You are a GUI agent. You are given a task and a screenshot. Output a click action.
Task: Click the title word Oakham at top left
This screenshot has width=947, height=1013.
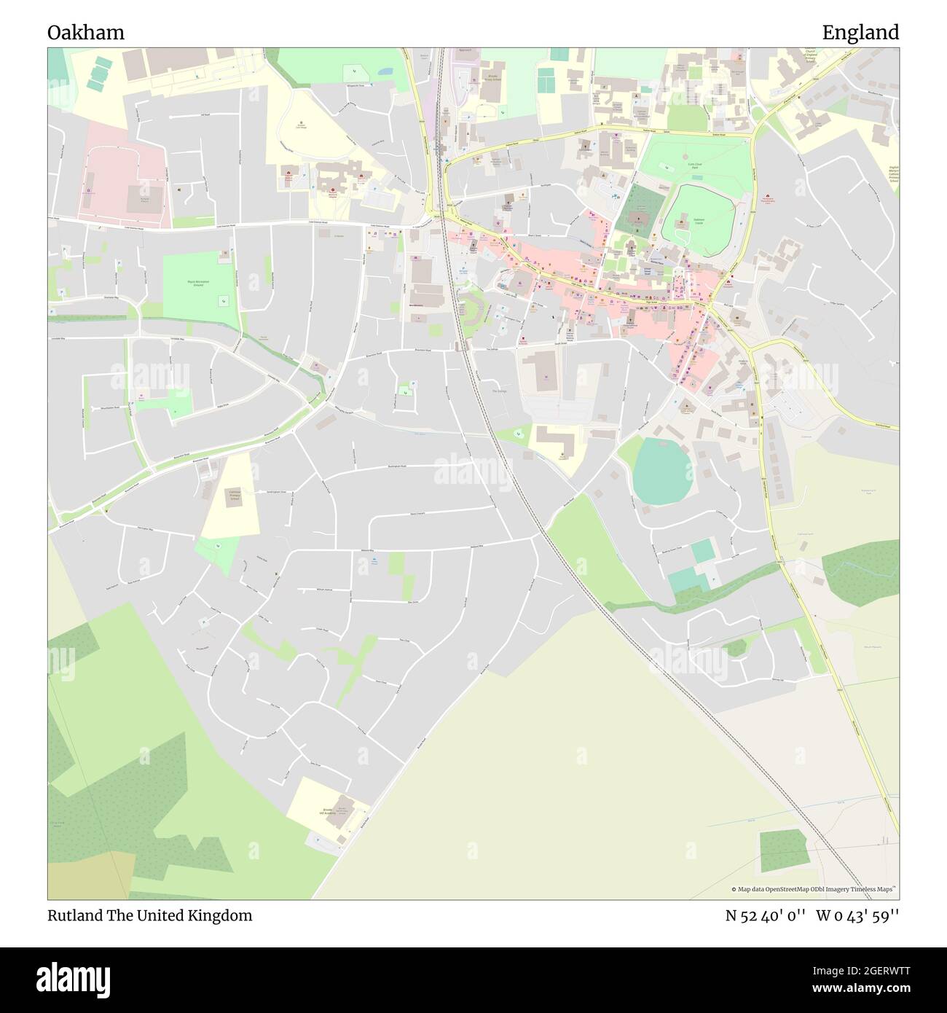pos(85,33)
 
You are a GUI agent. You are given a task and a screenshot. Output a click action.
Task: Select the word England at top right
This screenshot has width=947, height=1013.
pos(860,33)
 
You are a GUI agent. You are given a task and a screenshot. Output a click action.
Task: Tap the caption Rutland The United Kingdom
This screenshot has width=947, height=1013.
pos(150,915)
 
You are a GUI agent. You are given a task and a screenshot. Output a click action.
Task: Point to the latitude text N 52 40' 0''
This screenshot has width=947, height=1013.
pos(765,915)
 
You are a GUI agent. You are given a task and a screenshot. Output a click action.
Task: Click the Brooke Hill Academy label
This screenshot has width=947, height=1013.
pos(327,812)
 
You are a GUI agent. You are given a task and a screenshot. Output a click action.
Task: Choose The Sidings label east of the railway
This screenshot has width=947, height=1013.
pos(498,391)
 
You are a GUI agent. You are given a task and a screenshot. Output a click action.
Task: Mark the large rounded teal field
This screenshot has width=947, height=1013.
pos(662,471)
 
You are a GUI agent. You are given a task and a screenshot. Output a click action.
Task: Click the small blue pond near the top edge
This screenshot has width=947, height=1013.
pos(385,73)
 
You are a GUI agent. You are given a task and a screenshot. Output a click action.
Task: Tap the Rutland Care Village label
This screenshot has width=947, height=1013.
pos(300,125)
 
